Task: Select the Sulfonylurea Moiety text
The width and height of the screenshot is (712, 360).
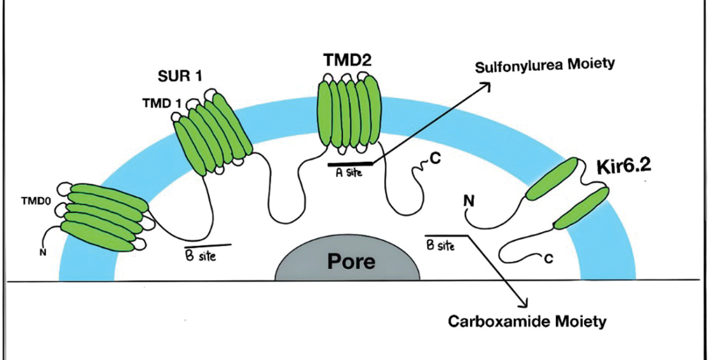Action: pos(545,65)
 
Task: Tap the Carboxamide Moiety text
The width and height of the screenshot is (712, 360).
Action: pos(527,321)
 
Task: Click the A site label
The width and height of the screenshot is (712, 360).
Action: pos(348,174)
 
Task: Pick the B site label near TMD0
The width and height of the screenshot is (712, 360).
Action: pos(201,255)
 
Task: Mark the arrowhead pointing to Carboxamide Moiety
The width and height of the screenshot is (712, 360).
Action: pos(525,303)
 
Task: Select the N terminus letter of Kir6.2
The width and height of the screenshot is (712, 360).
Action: pos(468,201)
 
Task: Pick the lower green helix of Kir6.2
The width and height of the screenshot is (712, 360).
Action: pos(581,208)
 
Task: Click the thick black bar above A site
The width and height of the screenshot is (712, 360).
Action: pos(350,163)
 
